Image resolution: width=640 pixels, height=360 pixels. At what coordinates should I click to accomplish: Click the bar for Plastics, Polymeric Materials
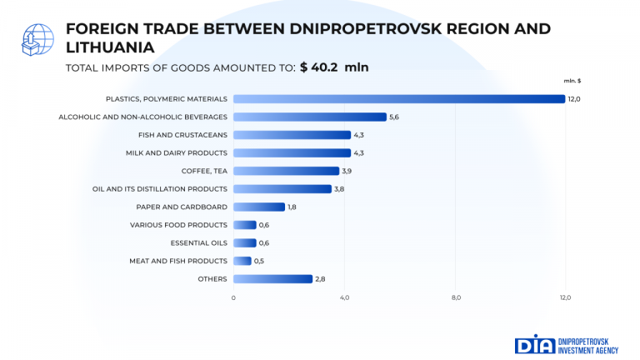399,99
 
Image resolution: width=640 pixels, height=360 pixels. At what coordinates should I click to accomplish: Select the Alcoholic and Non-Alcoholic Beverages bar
310,117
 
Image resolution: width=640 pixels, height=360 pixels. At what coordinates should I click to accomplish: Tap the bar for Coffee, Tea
286,171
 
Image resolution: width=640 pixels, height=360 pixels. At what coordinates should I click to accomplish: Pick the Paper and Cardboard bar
259,207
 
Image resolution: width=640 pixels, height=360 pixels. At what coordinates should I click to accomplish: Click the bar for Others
272,278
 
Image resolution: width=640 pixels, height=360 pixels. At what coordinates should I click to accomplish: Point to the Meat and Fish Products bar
242,261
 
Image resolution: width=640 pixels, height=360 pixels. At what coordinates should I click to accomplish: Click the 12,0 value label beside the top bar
574,99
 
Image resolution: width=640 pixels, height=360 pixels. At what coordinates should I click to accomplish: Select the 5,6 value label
394,117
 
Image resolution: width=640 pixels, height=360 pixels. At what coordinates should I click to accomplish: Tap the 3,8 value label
339,189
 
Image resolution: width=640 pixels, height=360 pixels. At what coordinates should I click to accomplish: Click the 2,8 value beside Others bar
320,278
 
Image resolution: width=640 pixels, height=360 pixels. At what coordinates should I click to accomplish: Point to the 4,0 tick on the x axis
344,297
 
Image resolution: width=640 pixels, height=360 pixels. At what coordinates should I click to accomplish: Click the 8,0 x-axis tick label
456,297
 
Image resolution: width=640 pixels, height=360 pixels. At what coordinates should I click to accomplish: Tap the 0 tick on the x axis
233,297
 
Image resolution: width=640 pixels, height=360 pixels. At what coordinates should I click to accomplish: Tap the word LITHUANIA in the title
109,47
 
